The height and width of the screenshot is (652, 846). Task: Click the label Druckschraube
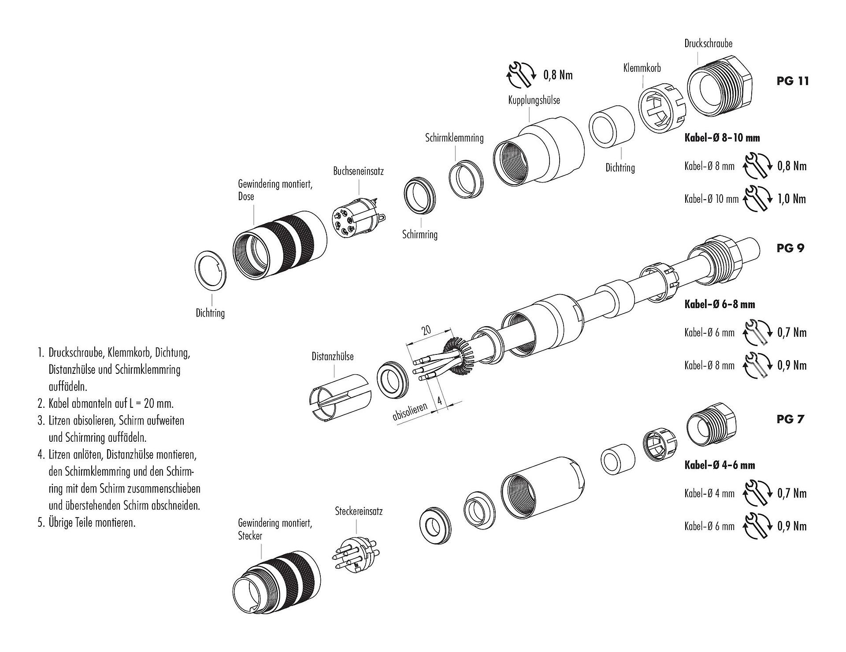pyautogui.click(x=708, y=44)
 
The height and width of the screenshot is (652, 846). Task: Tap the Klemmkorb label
pyautogui.click(x=642, y=68)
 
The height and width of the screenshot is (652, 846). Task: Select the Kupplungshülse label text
pyautogui.click(x=534, y=100)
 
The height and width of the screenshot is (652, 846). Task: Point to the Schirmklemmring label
pyautogui.click(x=454, y=138)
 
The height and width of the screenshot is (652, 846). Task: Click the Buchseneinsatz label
pyautogui.click(x=358, y=171)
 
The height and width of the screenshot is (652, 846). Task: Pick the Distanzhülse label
pyautogui.click(x=332, y=356)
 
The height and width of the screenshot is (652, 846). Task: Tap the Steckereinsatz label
pyautogui.click(x=359, y=511)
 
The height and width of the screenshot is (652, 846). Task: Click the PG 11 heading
pyautogui.click(x=793, y=81)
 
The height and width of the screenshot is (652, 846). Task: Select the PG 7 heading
pyautogui.click(x=790, y=419)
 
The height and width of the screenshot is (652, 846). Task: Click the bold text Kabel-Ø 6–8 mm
pyautogui.click(x=720, y=304)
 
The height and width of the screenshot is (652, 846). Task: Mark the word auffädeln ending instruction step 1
pyautogui.click(x=68, y=387)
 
